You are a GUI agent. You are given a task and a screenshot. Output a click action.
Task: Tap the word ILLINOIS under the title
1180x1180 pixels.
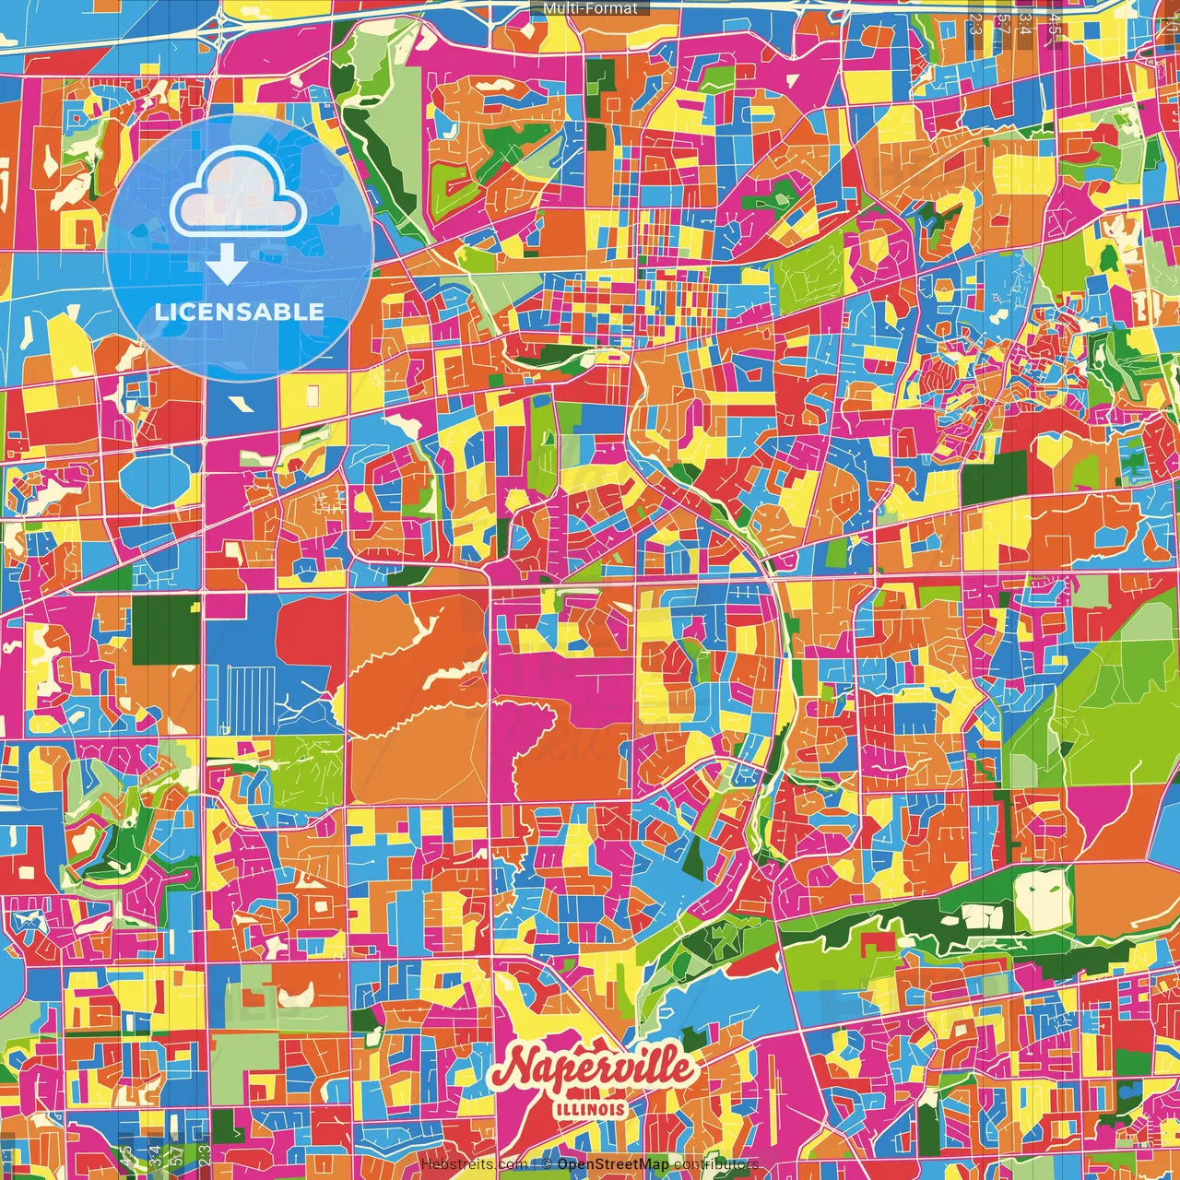[x=590, y=1109]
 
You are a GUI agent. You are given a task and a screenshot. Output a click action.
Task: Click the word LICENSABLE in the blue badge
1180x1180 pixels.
[x=239, y=312]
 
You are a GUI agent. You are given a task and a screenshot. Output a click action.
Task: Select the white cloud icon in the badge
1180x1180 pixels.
[x=238, y=194]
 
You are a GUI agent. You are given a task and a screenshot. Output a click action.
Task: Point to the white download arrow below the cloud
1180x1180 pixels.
[x=227, y=266]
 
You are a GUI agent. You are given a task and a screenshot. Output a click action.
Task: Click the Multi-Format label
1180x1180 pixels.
[x=590, y=8]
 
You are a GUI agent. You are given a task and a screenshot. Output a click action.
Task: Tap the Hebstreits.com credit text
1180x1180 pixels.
[x=473, y=1164]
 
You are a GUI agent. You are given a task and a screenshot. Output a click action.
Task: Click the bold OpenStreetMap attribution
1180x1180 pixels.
[x=612, y=1164]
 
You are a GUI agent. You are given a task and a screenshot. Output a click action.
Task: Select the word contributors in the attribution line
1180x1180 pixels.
[x=715, y=1164]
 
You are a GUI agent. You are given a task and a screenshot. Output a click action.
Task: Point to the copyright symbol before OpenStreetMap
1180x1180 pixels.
[x=547, y=1164]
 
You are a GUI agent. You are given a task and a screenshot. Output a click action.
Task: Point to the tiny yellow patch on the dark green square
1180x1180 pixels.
[x=195, y=606]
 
